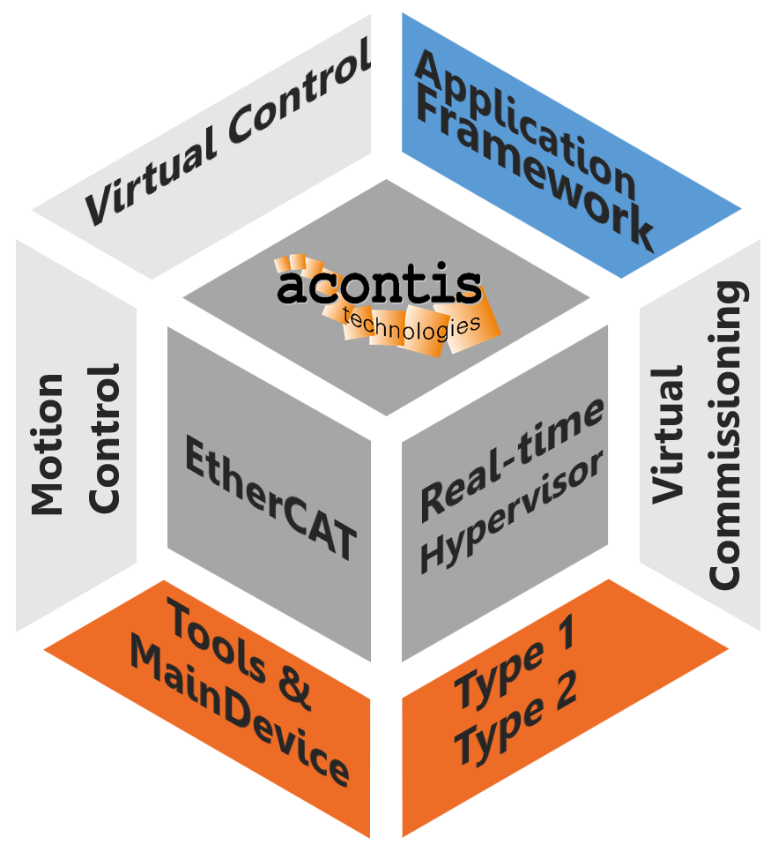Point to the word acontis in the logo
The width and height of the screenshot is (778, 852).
[379, 286]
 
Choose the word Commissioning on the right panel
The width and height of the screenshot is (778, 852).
[728, 436]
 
